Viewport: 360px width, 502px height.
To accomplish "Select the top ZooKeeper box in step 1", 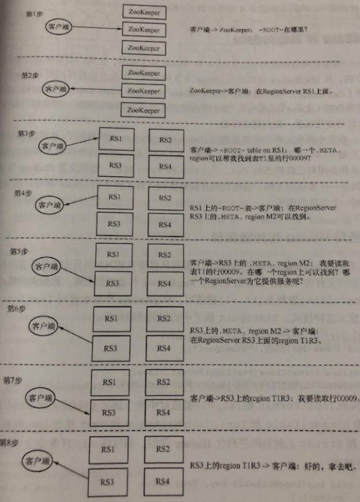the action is click(144, 12).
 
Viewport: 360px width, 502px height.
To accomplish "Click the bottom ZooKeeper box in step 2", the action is click(144, 109).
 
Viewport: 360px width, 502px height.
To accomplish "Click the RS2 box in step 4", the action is click(164, 198).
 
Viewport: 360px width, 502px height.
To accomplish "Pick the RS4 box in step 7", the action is click(163, 413).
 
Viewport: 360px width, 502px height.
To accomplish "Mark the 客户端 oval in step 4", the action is click(48, 204).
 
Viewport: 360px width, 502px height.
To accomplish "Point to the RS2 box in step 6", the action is click(164, 319).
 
